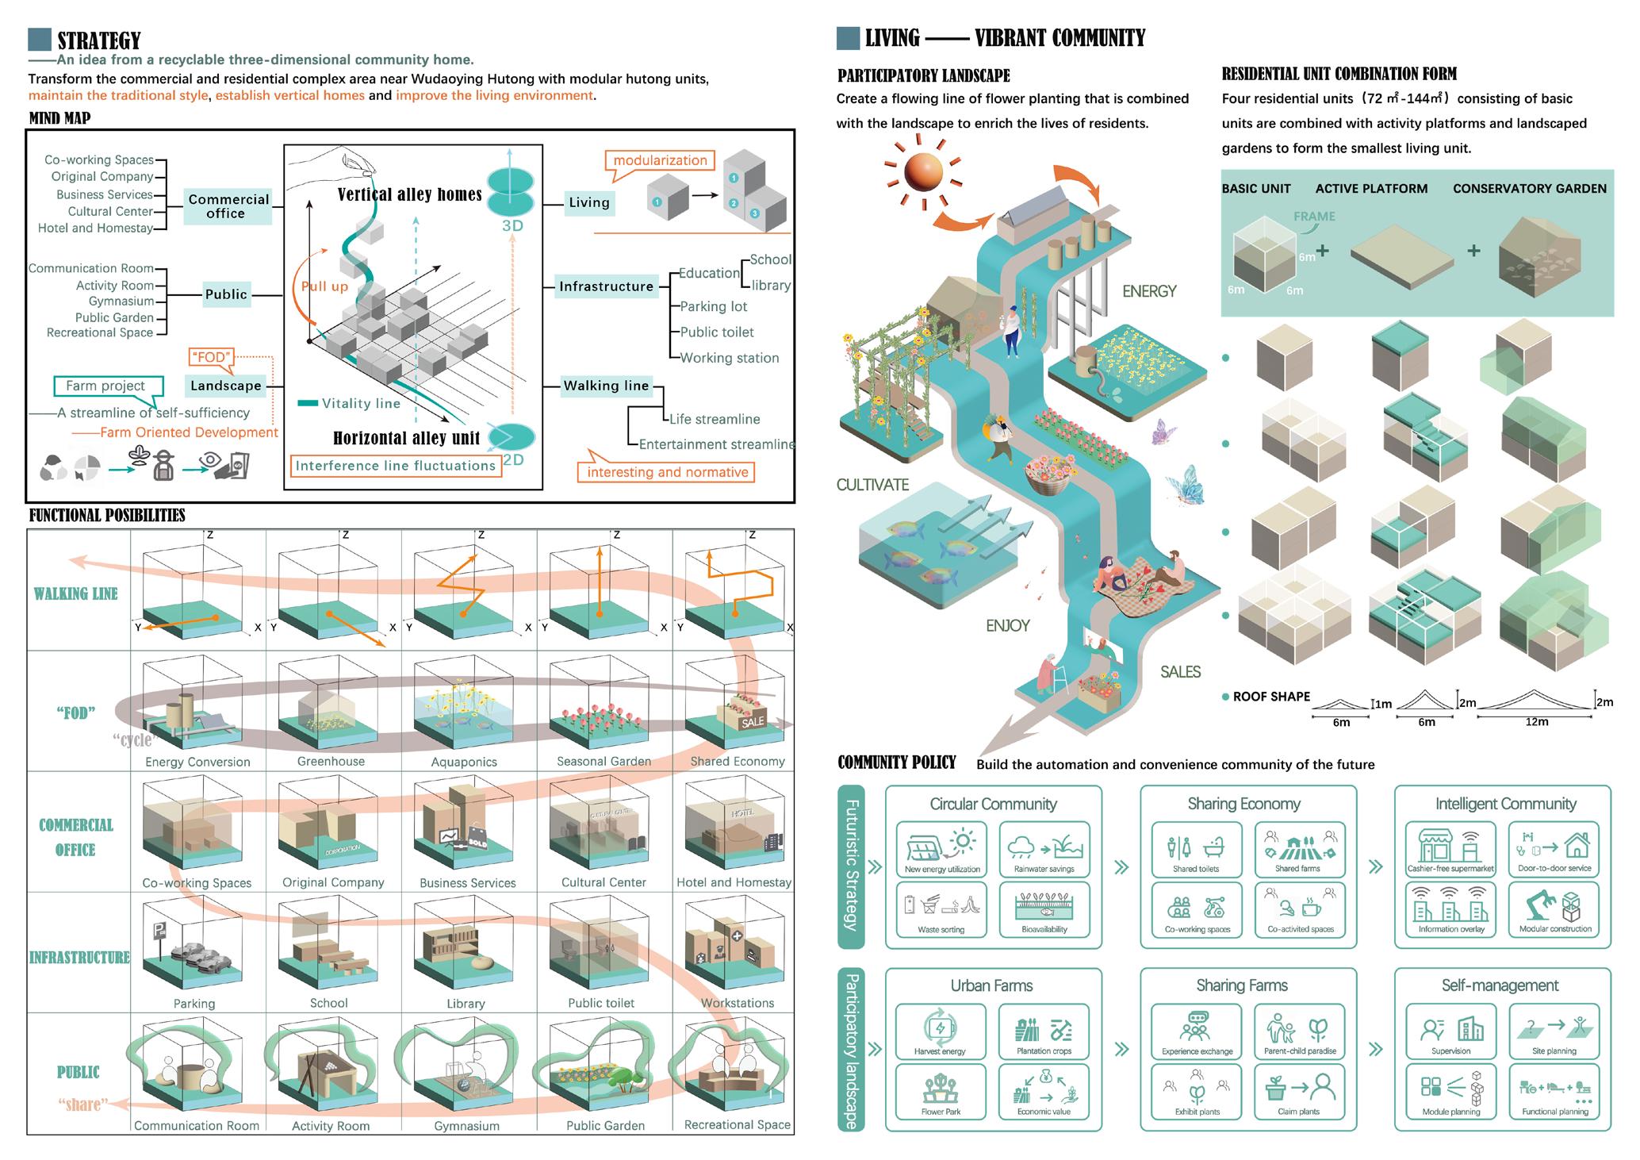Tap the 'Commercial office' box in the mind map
(x=228, y=206)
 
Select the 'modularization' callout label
(x=660, y=160)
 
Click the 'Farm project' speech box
(x=106, y=386)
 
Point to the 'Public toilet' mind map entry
(x=717, y=332)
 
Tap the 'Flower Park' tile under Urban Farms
(x=941, y=1091)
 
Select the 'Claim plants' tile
(x=1299, y=1091)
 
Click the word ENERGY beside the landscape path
(x=1149, y=292)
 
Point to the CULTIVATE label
(x=872, y=485)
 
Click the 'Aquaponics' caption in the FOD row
(x=464, y=762)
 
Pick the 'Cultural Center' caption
(x=604, y=882)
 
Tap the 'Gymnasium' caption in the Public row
(x=466, y=1126)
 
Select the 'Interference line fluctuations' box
(x=395, y=466)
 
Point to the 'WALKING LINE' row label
(x=76, y=593)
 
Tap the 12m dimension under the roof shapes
(x=1536, y=722)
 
